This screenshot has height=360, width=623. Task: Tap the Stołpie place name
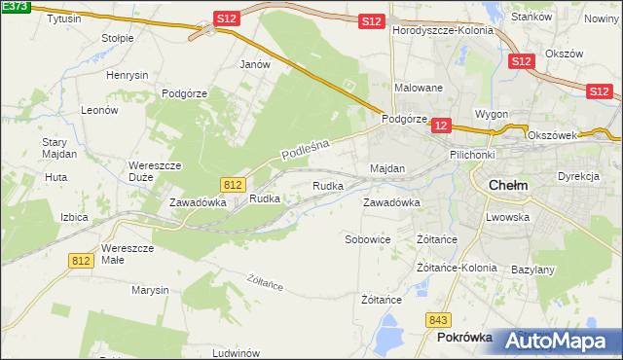pyautogui.click(x=119, y=38)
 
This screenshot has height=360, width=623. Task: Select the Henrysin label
pyautogui.click(x=128, y=75)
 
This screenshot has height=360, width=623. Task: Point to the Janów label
pyautogui.click(x=254, y=64)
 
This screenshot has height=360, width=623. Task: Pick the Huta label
pyautogui.click(x=55, y=178)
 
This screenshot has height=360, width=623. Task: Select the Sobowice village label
pyautogui.click(x=368, y=238)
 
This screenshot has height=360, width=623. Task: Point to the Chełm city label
pyautogui.click(x=506, y=185)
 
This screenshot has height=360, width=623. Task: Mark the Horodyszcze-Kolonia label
pyautogui.click(x=443, y=30)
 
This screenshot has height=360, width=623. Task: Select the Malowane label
pyautogui.click(x=419, y=88)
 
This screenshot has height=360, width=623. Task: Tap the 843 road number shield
pyautogui.click(x=438, y=319)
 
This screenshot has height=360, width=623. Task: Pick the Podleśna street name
pyautogui.click(x=307, y=149)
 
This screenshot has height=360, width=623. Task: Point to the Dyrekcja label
pyautogui.click(x=577, y=176)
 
